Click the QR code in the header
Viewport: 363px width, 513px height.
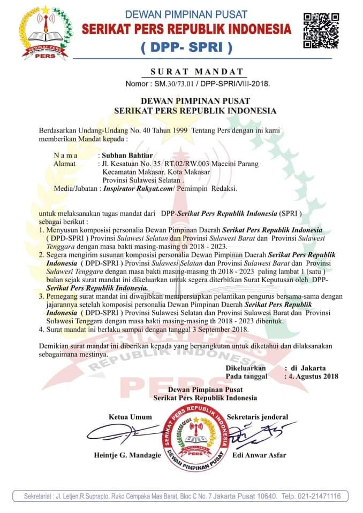321,31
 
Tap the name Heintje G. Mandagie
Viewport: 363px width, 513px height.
119,456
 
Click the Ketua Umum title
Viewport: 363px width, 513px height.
130,417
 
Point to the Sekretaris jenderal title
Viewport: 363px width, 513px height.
258,417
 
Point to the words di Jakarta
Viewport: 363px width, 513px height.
307,368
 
